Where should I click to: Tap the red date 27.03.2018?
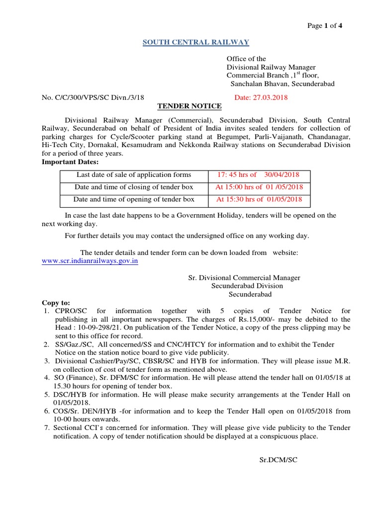(261, 97)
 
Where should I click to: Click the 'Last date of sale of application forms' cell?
(134, 175)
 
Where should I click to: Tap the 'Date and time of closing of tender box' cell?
(134, 187)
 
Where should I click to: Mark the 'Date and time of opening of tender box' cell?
(134, 199)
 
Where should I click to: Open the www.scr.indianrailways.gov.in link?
(90, 261)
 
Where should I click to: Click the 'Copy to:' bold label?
(56, 303)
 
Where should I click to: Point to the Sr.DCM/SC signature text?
(279, 460)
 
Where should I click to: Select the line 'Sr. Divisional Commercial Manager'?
(244, 278)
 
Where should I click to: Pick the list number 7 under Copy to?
(46, 428)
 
